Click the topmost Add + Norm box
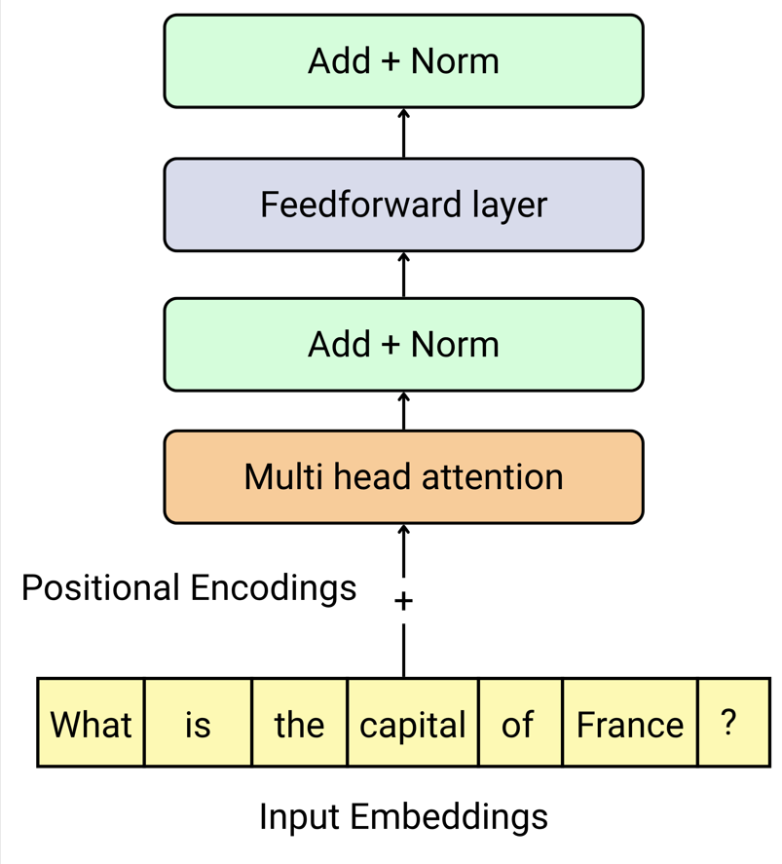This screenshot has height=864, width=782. (x=403, y=61)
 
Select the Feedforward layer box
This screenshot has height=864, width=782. (x=403, y=205)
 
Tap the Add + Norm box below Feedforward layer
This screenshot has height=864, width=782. (x=403, y=345)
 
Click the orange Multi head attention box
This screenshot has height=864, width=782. (x=403, y=477)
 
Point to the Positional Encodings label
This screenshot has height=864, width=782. (x=189, y=588)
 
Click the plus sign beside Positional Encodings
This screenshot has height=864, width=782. (x=403, y=601)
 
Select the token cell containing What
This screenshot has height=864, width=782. (x=92, y=725)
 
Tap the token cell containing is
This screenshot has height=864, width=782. (x=198, y=725)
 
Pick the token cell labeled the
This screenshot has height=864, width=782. (x=299, y=725)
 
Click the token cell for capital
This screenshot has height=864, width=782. (x=413, y=725)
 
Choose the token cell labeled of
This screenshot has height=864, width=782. (x=518, y=725)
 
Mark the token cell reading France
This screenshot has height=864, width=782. (x=630, y=725)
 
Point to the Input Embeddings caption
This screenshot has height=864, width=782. (x=403, y=816)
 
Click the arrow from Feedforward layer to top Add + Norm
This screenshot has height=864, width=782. (x=403, y=132)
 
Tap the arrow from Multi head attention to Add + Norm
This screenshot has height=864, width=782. (x=403, y=410)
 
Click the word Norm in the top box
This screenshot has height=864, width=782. (x=455, y=61)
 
